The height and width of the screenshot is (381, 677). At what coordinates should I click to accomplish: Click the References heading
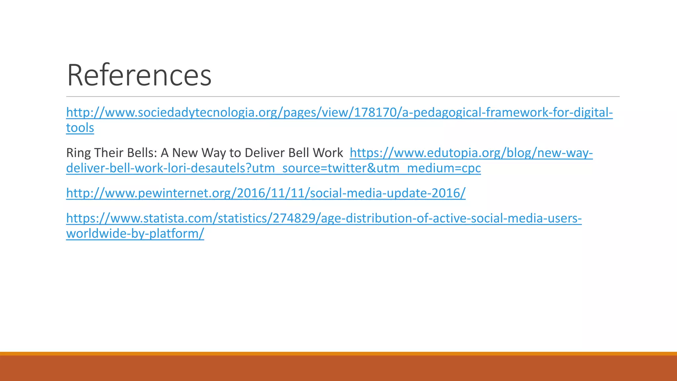point(139,75)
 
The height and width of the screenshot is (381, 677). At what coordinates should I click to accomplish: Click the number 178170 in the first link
point(373,113)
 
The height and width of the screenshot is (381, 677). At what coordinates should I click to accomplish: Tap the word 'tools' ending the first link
point(80,128)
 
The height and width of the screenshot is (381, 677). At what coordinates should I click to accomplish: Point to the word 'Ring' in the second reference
point(76,153)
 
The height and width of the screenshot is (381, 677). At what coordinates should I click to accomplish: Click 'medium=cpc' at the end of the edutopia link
point(444,168)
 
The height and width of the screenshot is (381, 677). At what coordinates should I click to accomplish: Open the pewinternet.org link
point(265,193)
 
